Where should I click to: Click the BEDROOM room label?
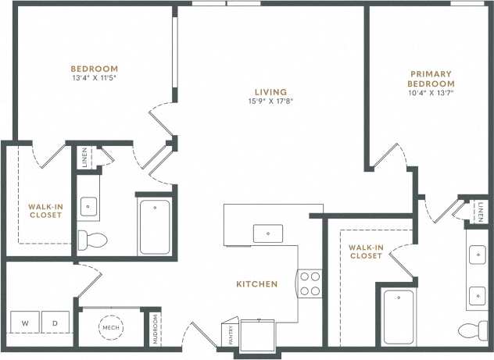point(94,68)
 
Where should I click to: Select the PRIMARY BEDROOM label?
point(431,79)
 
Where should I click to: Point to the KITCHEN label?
point(256,284)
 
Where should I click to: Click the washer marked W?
point(25,323)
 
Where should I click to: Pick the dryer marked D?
point(56,323)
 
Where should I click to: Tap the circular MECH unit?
point(112,328)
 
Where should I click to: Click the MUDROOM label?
point(155,329)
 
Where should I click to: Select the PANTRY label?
point(231,334)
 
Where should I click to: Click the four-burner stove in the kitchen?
point(310,283)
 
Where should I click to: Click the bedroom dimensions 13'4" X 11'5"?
point(94,78)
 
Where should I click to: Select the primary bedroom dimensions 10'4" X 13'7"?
point(431,93)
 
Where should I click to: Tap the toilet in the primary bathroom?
point(474,330)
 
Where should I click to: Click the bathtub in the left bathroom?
point(156,227)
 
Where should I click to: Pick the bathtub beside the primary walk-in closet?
point(399,316)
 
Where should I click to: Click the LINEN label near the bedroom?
point(84,156)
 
